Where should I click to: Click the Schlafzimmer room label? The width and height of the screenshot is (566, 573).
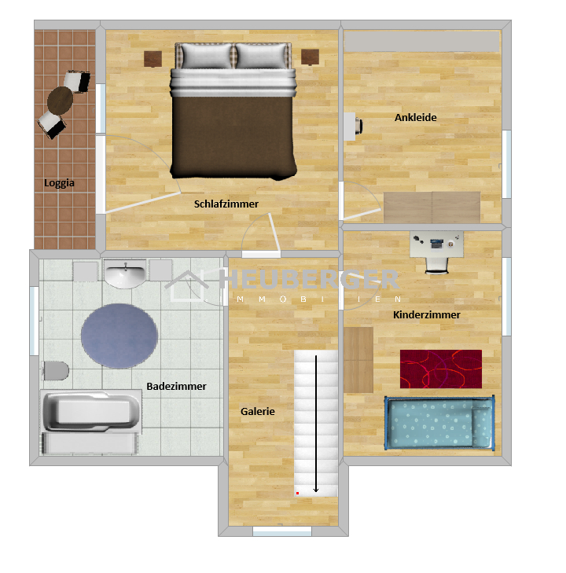pyautogui.click(x=226, y=204)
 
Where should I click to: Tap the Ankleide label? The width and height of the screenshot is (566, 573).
pyautogui.click(x=415, y=118)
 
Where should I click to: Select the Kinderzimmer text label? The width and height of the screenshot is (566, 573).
pyautogui.click(x=426, y=314)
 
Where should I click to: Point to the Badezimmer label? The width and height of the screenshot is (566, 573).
pyautogui.click(x=176, y=386)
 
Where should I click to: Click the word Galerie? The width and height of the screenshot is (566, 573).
pyautogui.click(x=258, y=412)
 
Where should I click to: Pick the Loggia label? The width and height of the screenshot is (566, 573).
pyautogui.click(x=59, y=183)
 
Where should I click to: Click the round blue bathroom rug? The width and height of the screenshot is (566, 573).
pyautogui.click(x=119, y=336)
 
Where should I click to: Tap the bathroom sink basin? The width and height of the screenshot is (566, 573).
pyautogui.click(x=125, y=274)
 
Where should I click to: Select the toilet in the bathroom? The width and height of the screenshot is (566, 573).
pyautogui.click(x=56, y=370)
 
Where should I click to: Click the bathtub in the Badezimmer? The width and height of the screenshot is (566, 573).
pyautogui.click(x=91, y=411)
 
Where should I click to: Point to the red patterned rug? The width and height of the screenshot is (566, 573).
pyautogui.click(x=441, y=369)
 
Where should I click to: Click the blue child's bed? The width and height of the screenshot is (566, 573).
pyautogui.click(x=439, y=423)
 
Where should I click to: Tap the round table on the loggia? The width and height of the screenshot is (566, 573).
pyautogui.click(x=60, y=101)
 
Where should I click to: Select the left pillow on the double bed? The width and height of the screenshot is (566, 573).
pyautogui.click(x=207, y=56)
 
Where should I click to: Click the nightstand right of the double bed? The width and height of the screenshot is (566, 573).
pyautogui.click(x=311, y=57)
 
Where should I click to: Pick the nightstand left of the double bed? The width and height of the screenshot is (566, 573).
pyautogui.click(x=153, y=59)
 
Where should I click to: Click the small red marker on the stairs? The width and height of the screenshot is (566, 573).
pyautogui.click(x=297, y=494)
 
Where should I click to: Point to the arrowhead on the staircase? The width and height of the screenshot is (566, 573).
pyautogui.click(x=316, y=490)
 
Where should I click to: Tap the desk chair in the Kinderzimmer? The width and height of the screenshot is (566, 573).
pyautogui.click(x=436, y=265)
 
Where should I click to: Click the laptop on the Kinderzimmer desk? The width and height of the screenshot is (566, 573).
pyautogui.click(x=436, y=244)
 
